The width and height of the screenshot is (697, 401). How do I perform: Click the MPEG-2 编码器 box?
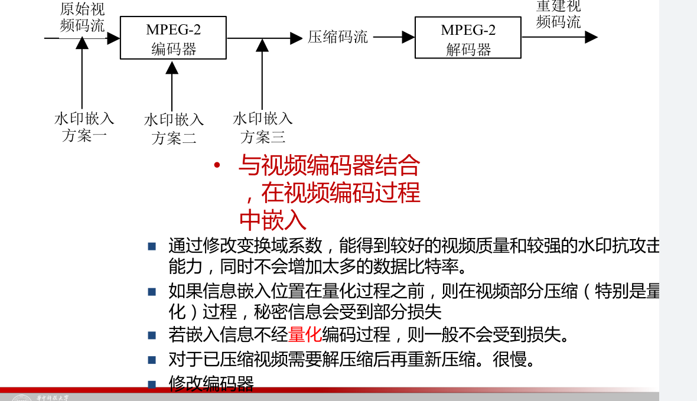173,38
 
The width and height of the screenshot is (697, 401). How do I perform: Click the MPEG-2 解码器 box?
468,38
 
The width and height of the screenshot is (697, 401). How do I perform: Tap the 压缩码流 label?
338,37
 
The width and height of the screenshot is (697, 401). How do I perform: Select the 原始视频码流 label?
83,17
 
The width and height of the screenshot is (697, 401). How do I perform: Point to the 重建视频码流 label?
558,15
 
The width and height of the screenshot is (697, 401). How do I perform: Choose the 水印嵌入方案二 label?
174,129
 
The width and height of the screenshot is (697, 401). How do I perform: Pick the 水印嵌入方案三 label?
263,128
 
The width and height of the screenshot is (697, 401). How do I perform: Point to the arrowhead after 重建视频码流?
591,37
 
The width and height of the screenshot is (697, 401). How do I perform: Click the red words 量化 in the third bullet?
305,335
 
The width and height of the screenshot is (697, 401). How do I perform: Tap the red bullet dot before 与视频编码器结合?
217,166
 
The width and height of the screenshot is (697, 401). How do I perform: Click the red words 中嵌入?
273,220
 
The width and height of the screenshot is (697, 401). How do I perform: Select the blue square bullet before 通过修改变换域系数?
152,246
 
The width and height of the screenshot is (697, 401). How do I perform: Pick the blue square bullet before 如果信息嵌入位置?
152,291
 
